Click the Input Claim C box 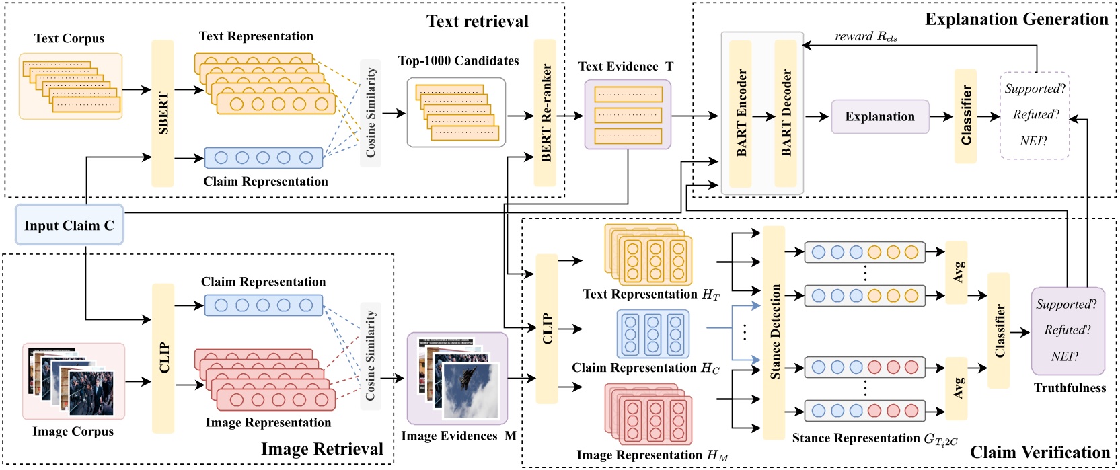pyautogui.click(x=69, y=225)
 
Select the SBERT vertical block pyautogui.click(x=163, y=113)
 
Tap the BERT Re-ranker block pyautogui.click(x=546, y=113)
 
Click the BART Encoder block pyautogui.click(x=741, y=113)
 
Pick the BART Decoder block pyautogui.click(x=786, y=113)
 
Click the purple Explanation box pyautogui.click(x=880, y=117)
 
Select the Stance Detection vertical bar pyautogui.click(x=774, y=332)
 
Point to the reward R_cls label pyautogui.click(x=866, y=36)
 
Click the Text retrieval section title pyautogui.click(x=478, y=22)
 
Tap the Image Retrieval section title pyautogui.click(x=322, y=449)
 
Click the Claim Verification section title pyautogui.click(x=1040, y=452)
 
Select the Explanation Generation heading pyautogui.click(x=1016, y=19)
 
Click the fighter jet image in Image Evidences pyautogui.click(x=471, y=390)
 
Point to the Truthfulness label pyautogui.click(x=1070, y=388)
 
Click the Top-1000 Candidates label pyautogui.click(x=458, y=61)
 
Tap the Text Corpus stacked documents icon pyautogui.click(x=71, y=87)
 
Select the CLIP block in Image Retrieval pyautogui.click(x=163, y=358)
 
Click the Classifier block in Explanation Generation pyautogui.click(x=966, y=116)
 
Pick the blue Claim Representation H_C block pyautogui.click(x=653, y=334)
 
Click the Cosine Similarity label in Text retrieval pyautogui.click(x=371, y=112)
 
